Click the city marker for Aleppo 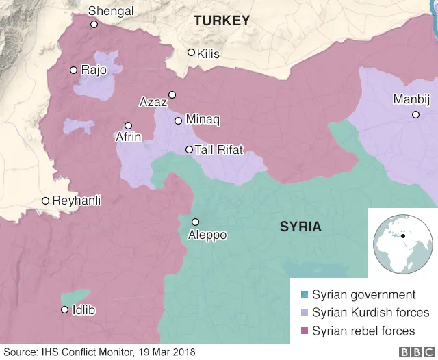[195, 222]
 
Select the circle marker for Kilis [192, 53]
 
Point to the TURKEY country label [222, 21]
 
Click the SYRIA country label [300, 227]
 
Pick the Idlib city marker [64, 310]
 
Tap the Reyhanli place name [77, 201]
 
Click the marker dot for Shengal [94, 24]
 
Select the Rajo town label [94, 70]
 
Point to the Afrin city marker [128, 125]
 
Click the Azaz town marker [172, 94]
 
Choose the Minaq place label [202, 120]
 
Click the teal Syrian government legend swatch [305, 295]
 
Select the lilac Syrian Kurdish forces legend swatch [305, 313]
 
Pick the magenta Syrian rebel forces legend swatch [305, 331]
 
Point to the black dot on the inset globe [404, 237]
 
